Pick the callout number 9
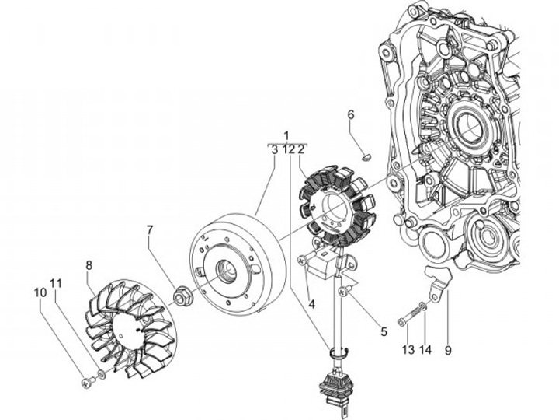pyautogui.click(x=448, y=350)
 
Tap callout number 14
pyautogui.click(x=425, y=350)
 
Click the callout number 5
pyautogui.click(x=383, y=331)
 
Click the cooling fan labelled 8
pyautogui.click(x=130, y=324)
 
